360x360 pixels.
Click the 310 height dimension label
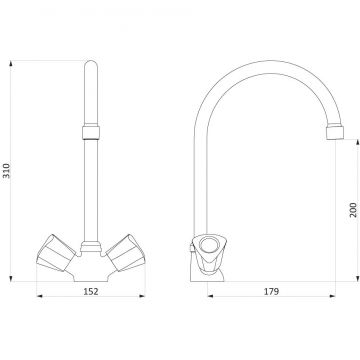[7, 171]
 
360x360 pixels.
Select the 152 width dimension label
[91, 291]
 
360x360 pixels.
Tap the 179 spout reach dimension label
[271, 291]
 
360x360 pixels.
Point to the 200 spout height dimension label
[353, 210]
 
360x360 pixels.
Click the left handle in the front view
[56, 253]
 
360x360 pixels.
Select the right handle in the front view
[126, 253]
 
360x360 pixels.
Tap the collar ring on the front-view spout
[91, 132]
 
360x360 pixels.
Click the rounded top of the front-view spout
[91, 66]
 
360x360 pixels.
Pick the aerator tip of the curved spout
[335, 132]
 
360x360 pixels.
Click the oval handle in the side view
[209, 247]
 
